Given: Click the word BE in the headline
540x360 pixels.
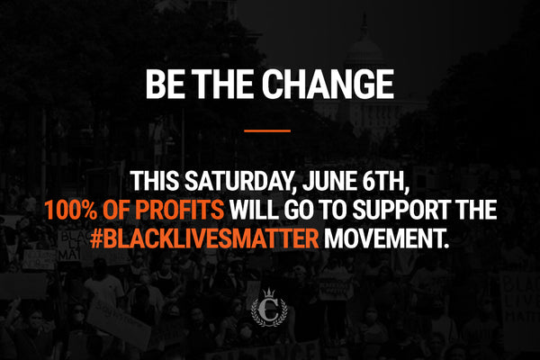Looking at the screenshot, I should [163, 85].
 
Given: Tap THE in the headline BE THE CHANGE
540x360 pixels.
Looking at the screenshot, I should [220, 85].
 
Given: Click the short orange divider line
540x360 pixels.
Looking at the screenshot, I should [268, 130].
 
